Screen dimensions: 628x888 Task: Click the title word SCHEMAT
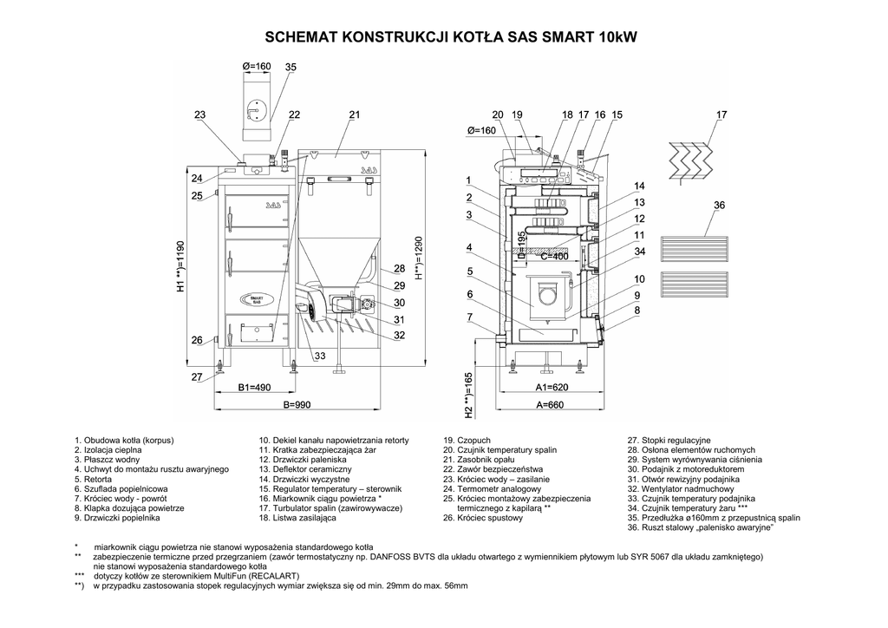click(x=302, y=38)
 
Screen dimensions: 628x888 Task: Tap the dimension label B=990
click(x=297, y=405)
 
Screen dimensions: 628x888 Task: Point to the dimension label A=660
click(x=550, y=405)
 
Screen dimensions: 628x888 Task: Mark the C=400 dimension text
click(x=555, y=257)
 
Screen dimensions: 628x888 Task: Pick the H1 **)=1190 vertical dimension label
click(x=181, y=266)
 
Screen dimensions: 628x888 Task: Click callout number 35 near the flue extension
click(x=291, y=67)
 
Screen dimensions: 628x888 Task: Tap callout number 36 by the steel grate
click(x=719, y=205)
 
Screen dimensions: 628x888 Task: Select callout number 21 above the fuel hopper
click(x=354, y=114)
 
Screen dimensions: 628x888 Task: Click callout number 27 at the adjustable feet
click(x=197, y=376)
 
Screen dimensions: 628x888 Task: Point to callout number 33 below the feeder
click(x=319, y=356)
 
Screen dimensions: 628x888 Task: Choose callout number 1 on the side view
click(x=468, y=180)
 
